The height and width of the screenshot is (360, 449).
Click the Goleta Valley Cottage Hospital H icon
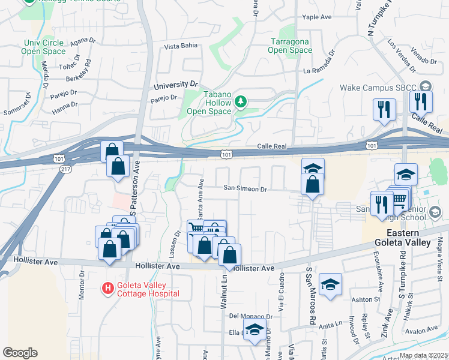click(108, 289)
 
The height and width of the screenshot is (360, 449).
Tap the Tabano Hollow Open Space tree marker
click(241, 101)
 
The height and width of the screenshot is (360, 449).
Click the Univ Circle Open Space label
click(45, 47)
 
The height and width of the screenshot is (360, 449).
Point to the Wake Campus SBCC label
click(378, 87)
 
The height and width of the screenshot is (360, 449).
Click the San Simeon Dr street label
click(244, 188)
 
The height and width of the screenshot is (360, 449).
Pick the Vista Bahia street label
click(181, 46)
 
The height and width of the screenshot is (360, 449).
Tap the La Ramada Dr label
click(327, 71)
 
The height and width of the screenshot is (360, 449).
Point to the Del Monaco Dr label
click(247, 316)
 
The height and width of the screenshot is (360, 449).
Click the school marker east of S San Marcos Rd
click(330, 284)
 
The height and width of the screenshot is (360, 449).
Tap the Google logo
click(20, 352)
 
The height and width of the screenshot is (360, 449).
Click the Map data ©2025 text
click(423, 355)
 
